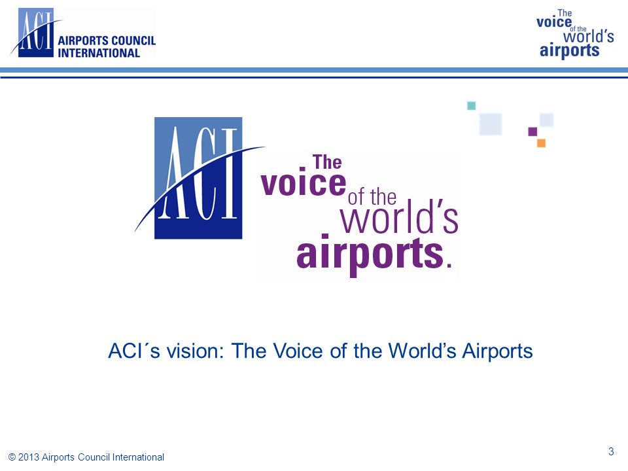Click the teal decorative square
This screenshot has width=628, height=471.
(472, 106)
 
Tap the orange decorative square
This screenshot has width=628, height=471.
(541, 143)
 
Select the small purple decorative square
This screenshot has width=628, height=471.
(532, 131)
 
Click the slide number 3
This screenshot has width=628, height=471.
(611, 452)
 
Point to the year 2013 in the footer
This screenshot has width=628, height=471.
(29, 457)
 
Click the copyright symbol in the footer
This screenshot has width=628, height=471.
(12, 457)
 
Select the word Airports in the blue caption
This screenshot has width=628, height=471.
(497, 351)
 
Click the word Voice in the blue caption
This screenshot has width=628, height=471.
(298, 351)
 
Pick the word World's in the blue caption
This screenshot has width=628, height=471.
(422, 351)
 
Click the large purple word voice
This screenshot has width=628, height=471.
(303, 183)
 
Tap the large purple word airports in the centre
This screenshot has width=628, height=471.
(370, 254)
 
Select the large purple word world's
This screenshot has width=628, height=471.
(399, 217)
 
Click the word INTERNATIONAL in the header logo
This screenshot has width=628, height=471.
(99, 53)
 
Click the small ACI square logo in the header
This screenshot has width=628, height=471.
(35, 33)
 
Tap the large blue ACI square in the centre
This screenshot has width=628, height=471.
(198, 178)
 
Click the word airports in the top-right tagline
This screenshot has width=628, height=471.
(570, 51)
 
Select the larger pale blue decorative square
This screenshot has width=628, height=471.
(491, 124)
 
